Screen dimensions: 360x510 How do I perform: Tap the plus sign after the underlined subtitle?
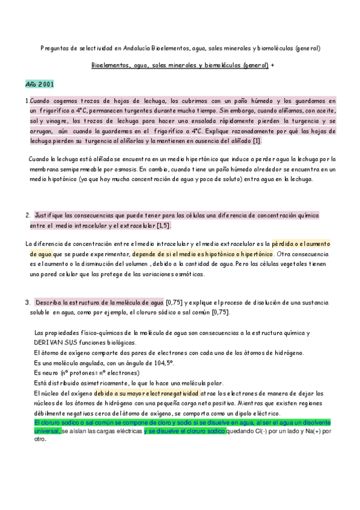272,65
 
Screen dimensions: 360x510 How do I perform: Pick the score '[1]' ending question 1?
257,141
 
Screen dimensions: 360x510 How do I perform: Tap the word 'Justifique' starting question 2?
51,215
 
